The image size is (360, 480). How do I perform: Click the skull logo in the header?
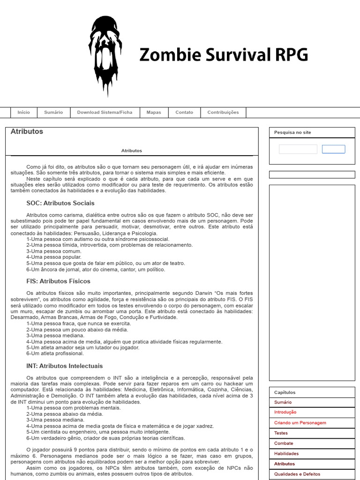105,55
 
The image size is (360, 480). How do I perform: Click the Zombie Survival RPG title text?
224,55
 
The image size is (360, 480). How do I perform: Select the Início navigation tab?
23,112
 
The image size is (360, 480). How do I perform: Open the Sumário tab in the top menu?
53,112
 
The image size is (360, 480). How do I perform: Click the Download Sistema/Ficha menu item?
105,112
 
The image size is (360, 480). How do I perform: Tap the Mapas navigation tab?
154,112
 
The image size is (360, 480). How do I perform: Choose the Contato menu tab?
184,112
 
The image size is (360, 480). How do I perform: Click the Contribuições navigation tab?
223,112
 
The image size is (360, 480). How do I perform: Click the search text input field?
298,149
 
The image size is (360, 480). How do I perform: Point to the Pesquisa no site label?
292,133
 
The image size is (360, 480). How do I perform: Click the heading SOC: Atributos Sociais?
60,203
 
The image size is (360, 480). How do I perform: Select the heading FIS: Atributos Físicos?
59,281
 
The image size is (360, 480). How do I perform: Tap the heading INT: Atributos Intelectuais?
65,366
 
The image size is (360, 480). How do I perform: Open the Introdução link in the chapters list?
285,412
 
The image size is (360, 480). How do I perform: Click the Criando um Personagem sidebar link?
300,423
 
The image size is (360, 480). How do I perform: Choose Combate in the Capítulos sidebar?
284,443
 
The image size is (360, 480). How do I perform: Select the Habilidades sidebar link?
286,454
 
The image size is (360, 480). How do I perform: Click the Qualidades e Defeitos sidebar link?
297,474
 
